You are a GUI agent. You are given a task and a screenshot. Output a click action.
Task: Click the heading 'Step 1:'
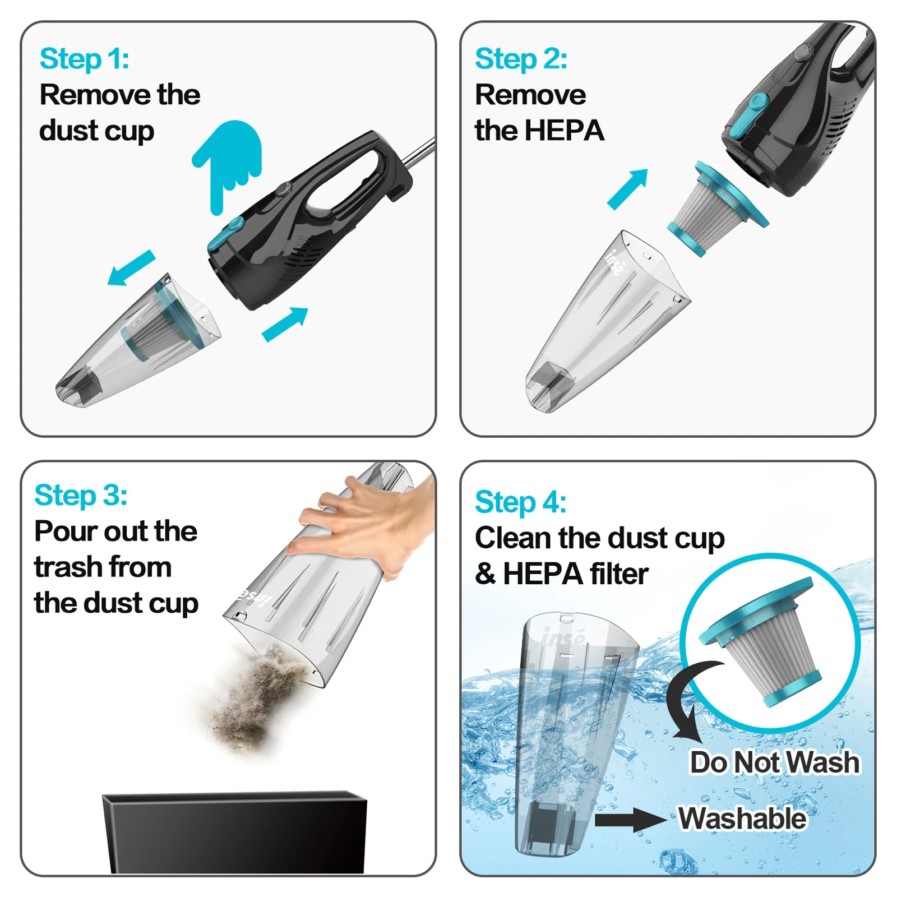pyautogui.click(x=84, y=59)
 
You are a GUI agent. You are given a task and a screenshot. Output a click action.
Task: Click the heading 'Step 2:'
pyautogui.click(x=520, y=59)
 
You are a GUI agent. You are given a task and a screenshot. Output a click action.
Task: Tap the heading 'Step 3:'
pyautogui.click(x=81, y=496)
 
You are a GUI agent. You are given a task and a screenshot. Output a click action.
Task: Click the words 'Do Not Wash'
pyautogui.click(x=774, y=762)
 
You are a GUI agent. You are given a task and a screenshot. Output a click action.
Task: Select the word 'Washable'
pyautogui.click(x=742, y=819)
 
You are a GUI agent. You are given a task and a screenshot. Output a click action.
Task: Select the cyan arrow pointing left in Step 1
pyautogui.click(x=131, y=267)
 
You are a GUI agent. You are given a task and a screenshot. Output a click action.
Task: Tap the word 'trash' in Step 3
pyautogui.click(x=68, y=567)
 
